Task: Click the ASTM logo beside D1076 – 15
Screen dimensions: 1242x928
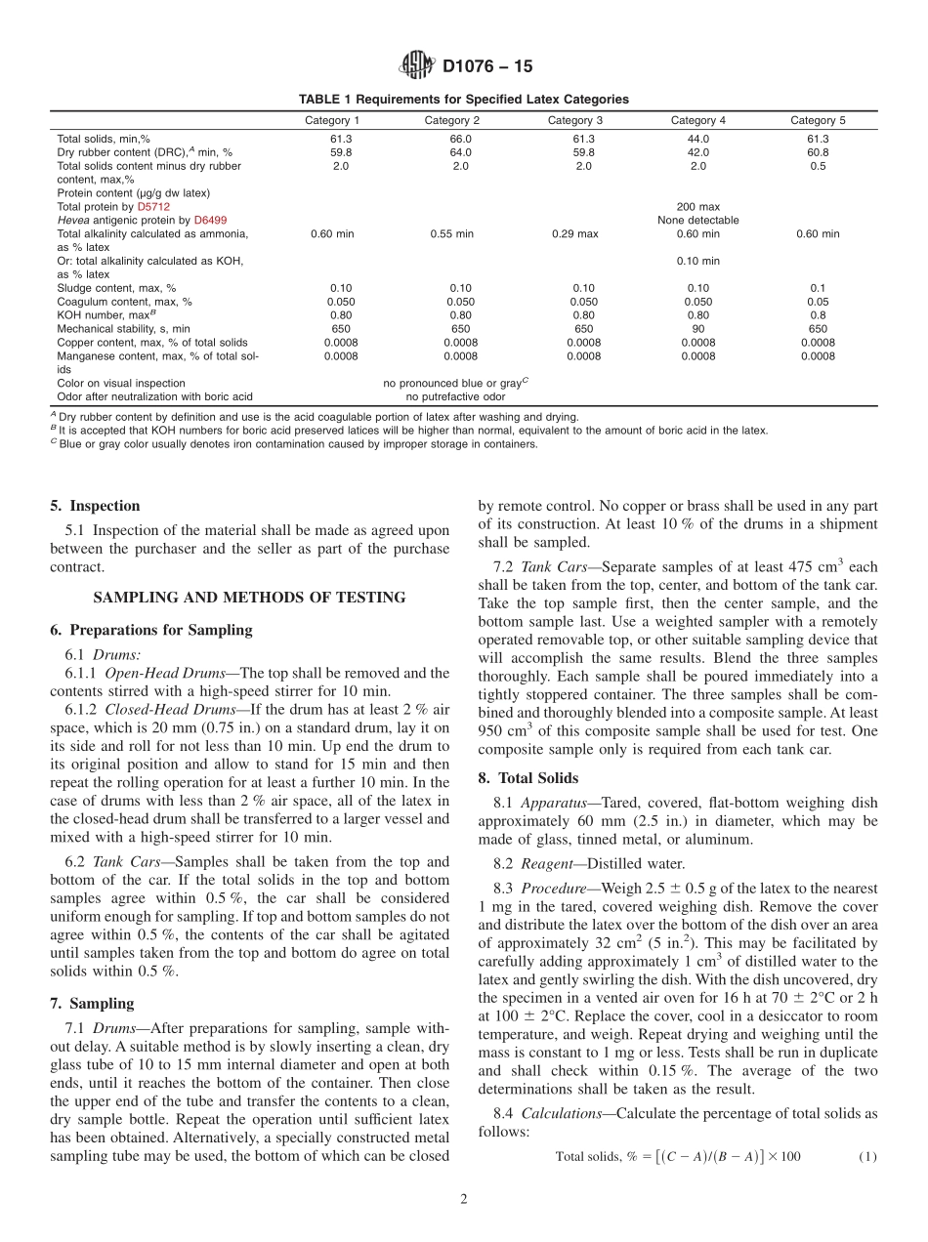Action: [x=417, y=66]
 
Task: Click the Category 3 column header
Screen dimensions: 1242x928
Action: [x=575, y=120]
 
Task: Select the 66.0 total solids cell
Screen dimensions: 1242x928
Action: [x=460, y=139]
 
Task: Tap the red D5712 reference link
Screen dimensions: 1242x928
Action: [x=153, y=207]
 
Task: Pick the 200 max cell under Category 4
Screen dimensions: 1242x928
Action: [x=697, y=207]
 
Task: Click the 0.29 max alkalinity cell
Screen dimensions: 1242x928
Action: [x=575, y=234]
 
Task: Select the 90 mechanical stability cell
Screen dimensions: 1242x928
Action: [x=697, y=329]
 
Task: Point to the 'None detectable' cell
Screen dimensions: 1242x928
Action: [x=697, y=221]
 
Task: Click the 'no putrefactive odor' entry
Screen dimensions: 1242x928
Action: [x=455, y=397]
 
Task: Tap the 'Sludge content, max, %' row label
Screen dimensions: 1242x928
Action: [x=116, y=288]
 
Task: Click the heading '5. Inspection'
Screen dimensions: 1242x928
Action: [x=95, y=506]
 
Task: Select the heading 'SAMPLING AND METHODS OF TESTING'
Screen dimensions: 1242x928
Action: [x=249, y=598]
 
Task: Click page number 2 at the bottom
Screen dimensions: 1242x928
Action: [x=464, y=1200]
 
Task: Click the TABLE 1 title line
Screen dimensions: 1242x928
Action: [x=463, y=100]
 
